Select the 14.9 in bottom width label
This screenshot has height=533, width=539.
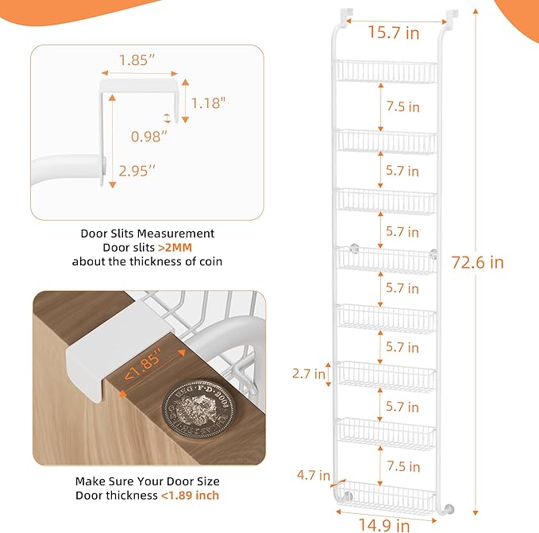pyautogui.click(x=383, y=524)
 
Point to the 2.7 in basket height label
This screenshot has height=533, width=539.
pyautogui.click(x=308, y=373)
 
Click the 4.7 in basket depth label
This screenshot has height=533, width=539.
pyautogui.click(x=314, y=476)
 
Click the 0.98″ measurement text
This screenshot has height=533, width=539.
pyautogui.click(x=149, y=137)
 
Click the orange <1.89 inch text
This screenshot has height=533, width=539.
pyautogui.click(x=190, y=496)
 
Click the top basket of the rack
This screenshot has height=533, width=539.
pyautogui.click(x=387, y=71)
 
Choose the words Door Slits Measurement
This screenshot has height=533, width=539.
pyautogui.click(x=148, y=234)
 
